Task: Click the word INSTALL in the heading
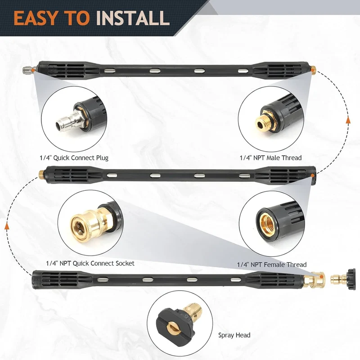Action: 133,18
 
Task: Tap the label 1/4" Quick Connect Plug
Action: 74,158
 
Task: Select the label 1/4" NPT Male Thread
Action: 271,158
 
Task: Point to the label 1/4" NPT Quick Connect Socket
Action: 90,263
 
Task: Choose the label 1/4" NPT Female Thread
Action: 272,265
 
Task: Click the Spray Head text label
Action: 234,335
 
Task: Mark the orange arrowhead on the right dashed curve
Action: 348,120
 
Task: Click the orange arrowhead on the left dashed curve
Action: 7,226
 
